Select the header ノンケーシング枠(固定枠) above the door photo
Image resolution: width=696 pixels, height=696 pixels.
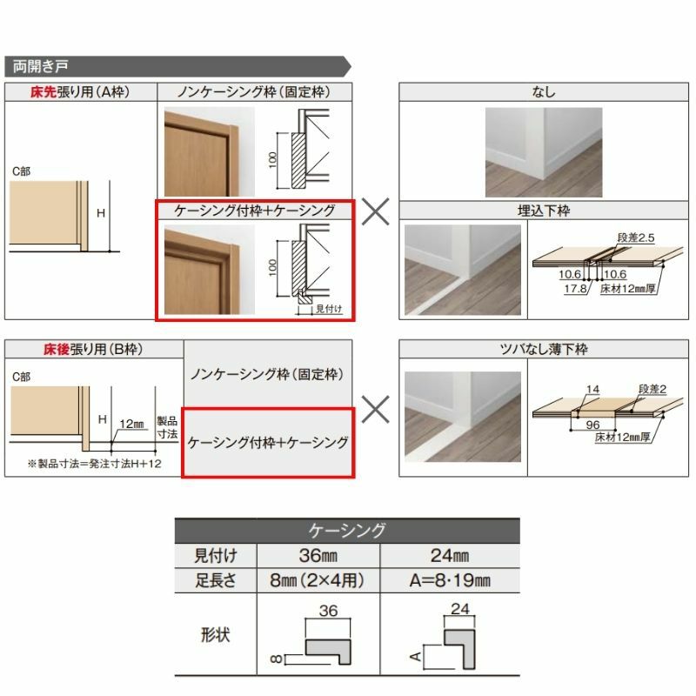coord(254,91)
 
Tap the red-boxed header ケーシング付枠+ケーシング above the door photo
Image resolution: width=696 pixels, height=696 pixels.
coord(254,211)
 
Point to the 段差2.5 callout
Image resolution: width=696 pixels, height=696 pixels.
coord(634,236)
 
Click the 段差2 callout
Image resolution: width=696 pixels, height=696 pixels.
coord(652,388)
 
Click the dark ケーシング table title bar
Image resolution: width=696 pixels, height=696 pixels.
coord(347,530)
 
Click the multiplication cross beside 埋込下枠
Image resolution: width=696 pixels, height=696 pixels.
coord(375,211)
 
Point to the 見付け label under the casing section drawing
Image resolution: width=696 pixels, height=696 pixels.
coord(329,308)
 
